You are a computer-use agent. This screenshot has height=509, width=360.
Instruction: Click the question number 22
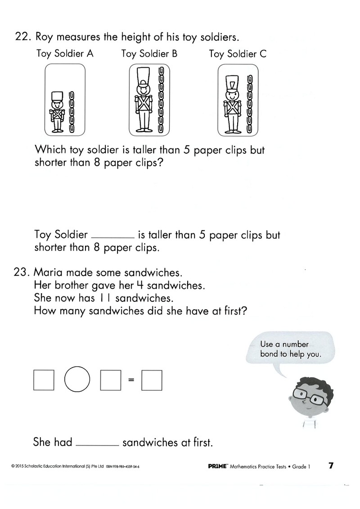point(23,37)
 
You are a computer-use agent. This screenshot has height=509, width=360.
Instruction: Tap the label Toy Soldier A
point(65,54)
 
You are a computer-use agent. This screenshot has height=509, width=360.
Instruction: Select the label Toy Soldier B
point(149,54)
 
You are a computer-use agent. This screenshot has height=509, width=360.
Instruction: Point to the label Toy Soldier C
point(238,54)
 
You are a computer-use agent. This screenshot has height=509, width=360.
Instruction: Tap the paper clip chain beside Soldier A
point(71,112)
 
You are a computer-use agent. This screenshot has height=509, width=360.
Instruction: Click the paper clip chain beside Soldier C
point(250,104)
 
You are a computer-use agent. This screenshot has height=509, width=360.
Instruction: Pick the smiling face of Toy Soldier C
point(232,94)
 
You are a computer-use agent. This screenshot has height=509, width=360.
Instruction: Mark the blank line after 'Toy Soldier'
point(112,238)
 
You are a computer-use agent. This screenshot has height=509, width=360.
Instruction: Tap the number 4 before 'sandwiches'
point(140,285)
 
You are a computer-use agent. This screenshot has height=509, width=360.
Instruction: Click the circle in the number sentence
point(77,379)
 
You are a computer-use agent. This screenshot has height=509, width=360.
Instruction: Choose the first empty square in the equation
point(44,380)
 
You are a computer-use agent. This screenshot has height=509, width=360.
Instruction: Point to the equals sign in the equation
point(131,380)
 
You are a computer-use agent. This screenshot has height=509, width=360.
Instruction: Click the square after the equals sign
point(152,380)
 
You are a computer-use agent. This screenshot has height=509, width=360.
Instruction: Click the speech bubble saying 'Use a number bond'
point(291,349)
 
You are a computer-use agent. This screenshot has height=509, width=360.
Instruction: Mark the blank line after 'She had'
point(98,445)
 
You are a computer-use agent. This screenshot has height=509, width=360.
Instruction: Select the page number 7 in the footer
point(331,466)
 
